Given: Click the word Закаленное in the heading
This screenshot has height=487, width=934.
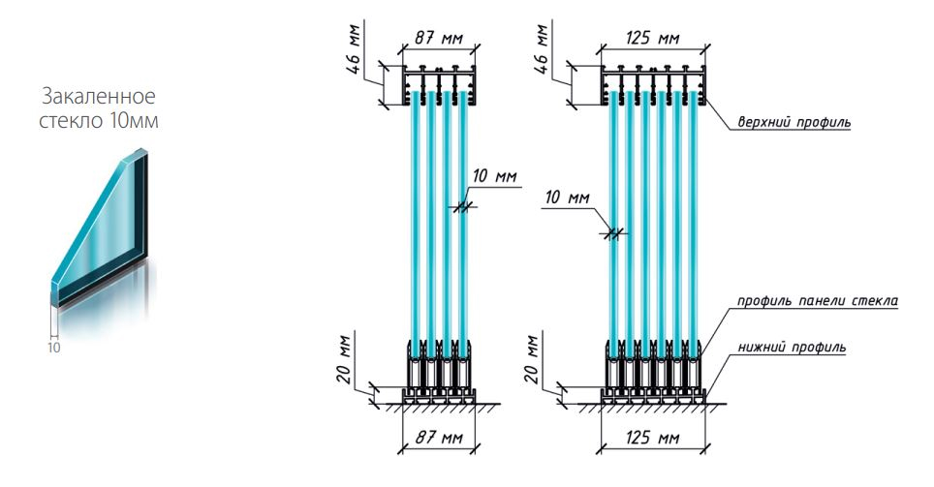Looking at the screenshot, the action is coord(98,96).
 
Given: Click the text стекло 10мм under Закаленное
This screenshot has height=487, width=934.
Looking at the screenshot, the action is coord(98,120).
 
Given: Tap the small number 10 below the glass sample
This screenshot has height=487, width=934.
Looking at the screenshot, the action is coord(53,348).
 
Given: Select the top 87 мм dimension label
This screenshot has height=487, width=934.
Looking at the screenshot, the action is coord(438,38).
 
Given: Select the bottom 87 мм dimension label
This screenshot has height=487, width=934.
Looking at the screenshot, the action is coord(438,438).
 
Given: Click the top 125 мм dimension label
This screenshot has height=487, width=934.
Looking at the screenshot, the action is coord(652,38).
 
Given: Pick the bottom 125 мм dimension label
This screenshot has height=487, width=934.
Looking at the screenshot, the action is coord(652,438).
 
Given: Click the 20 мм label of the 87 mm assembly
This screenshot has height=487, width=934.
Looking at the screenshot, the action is coord(347,358).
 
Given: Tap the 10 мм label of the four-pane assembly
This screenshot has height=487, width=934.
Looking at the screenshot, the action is coord(494,177).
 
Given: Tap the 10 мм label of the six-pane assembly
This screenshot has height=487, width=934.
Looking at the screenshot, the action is coord(567,198).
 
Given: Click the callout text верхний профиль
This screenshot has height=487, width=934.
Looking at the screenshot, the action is coord(794,122).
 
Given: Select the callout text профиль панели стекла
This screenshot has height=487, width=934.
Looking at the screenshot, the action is coord(818,301).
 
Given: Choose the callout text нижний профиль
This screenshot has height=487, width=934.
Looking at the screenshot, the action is coord(792,347).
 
